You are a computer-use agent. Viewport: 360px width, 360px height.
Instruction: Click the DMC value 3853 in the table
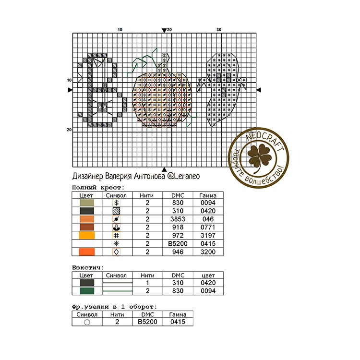[178, 219]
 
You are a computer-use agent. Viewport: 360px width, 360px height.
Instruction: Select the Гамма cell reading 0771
[208, 228]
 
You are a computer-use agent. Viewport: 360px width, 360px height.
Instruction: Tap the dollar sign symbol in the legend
[117, 203]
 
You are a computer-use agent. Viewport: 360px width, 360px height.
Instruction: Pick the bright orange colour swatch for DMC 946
[87, 252]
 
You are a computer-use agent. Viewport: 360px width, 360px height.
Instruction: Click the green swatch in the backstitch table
[87, 291]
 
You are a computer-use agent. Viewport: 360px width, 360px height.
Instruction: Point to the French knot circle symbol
[87, 322]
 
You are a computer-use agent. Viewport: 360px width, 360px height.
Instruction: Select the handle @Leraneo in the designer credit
[183, 176]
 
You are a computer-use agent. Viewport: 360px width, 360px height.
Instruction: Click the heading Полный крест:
[98, 188]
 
